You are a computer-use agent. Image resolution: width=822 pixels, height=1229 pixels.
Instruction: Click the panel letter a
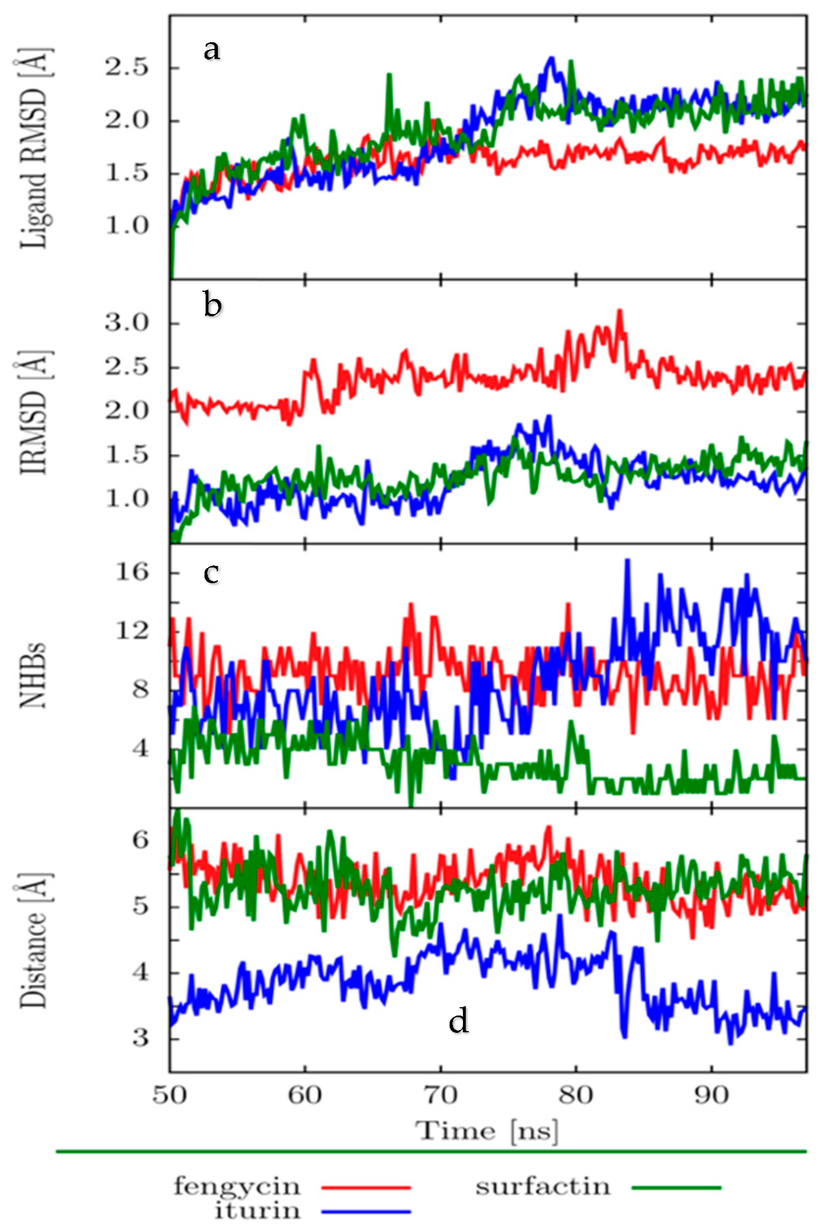coord(212,50)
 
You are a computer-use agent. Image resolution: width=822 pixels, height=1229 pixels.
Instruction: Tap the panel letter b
coord(213,305)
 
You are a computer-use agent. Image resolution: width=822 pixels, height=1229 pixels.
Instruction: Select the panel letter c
coord(211,573)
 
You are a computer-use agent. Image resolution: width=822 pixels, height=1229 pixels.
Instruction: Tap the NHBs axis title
coord(33,675)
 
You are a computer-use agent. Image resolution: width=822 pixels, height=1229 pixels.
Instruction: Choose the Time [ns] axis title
coord(487,1131)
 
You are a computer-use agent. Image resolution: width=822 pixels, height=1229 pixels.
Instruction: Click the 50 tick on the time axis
coord(170,1095)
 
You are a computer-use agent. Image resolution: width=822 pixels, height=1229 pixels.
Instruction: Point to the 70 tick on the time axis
coord(441,1095)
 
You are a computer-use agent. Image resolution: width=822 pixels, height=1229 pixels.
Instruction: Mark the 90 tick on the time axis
coord(712,1095)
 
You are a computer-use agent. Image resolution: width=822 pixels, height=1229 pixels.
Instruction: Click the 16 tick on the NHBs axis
coord(133,571)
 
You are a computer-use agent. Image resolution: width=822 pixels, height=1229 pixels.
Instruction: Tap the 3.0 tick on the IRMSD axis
coord(127,323)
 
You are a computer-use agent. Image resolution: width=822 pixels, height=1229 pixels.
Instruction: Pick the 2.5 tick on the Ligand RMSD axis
coord(127,68)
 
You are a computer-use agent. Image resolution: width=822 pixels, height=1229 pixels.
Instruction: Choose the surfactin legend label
coord(543,1186)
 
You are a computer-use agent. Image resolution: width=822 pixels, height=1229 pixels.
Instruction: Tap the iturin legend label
coord(257,1210)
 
